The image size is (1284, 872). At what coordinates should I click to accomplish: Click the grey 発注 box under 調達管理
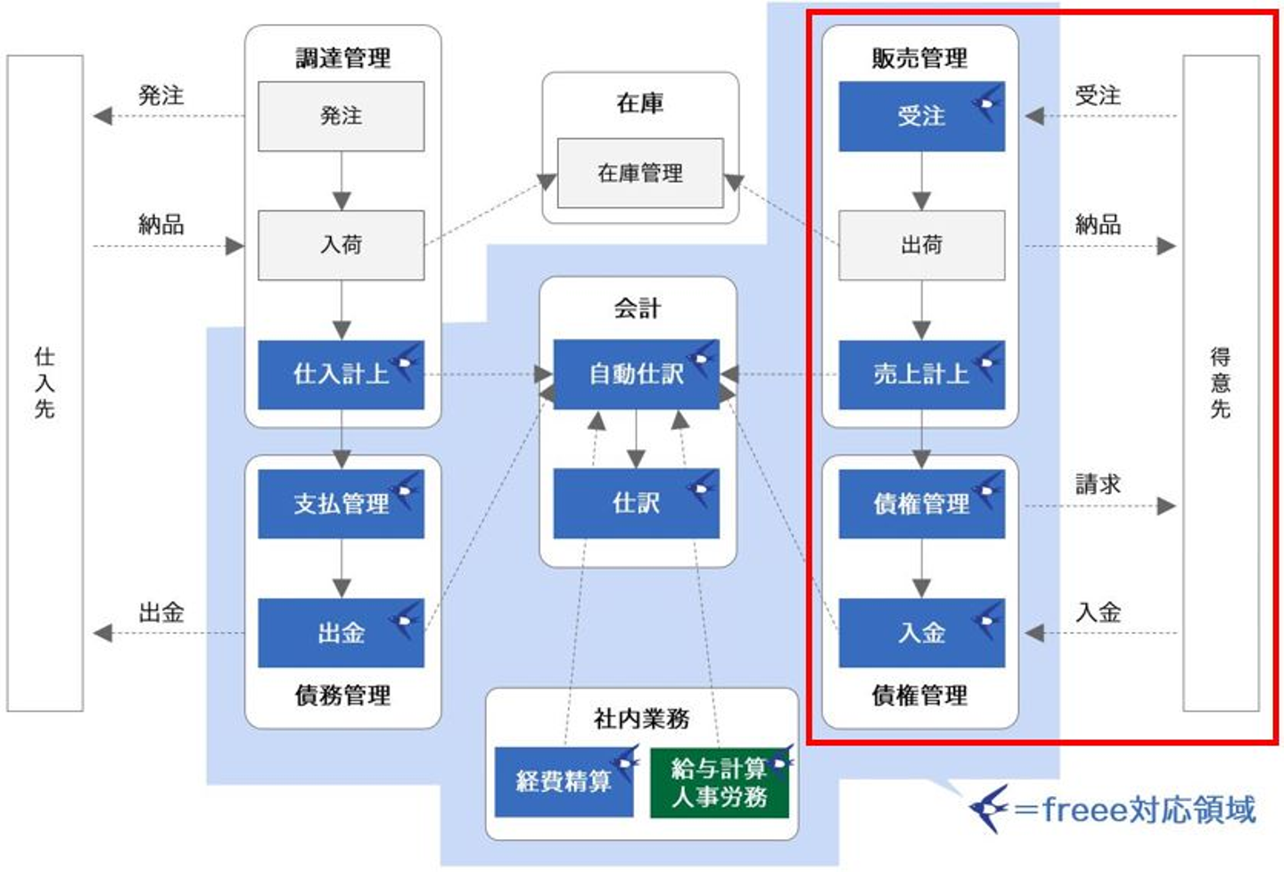[341, 116]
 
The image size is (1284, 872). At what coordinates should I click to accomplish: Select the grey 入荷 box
[341, 245]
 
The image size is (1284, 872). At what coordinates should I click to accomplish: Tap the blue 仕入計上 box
[341, 374]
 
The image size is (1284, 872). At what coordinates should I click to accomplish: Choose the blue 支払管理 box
[341, 504]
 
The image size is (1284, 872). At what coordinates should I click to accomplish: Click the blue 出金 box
[341, 633]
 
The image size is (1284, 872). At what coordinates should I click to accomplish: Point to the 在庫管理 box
[640, 173]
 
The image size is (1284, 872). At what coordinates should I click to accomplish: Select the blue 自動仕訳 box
[636, 374]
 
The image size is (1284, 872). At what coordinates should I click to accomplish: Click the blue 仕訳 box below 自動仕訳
[636, 504]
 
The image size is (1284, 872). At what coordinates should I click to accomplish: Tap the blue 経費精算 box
[564, 782]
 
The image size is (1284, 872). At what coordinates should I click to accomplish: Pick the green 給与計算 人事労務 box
[720, 782]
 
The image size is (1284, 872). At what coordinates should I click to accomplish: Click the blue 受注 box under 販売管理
[921, 116]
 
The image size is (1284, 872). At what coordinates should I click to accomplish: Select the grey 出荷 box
[921, 245]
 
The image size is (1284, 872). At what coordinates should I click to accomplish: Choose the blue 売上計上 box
[921, 374]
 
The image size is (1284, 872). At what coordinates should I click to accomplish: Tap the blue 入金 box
[921, 633]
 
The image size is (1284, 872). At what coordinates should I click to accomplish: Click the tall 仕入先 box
[45, 383]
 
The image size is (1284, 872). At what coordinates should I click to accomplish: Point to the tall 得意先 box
[1221, 383]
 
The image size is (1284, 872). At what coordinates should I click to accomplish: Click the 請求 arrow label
[1098, 484]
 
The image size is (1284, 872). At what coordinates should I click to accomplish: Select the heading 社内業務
[641, 718]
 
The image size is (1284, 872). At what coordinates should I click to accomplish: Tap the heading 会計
[637, 308]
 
